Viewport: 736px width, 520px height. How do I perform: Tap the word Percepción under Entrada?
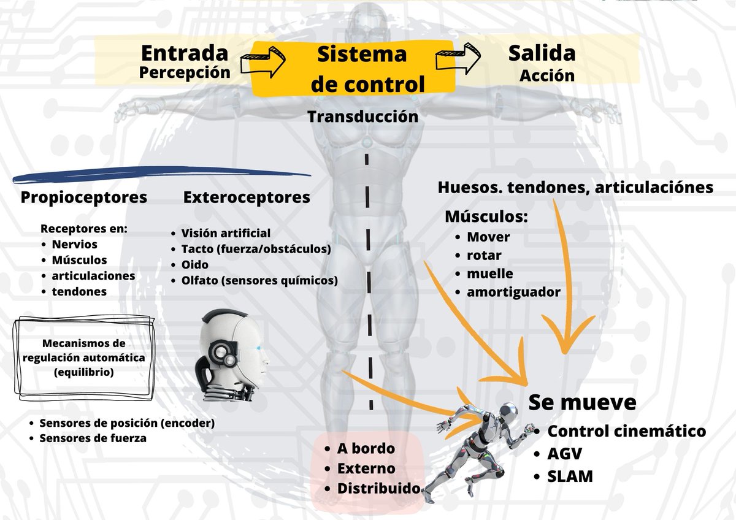tap(185, 72)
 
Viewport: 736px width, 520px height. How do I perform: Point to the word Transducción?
tap(363, 116)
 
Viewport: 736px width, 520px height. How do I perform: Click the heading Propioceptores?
tap(83, 197)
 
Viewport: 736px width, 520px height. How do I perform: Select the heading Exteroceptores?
tap(247, 197)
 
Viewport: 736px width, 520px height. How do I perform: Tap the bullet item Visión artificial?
tap(225, 233)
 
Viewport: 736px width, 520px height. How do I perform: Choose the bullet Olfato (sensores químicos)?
tap(259, 280)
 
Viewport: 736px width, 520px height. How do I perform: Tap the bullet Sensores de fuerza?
tap(93, 438)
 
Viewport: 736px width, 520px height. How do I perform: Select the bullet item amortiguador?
tap(513, 292)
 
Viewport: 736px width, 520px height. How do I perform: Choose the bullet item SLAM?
tap(570, 476)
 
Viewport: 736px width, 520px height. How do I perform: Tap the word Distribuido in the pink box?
tap(378, 489)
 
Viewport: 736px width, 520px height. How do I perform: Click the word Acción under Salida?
tap(546, 75)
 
